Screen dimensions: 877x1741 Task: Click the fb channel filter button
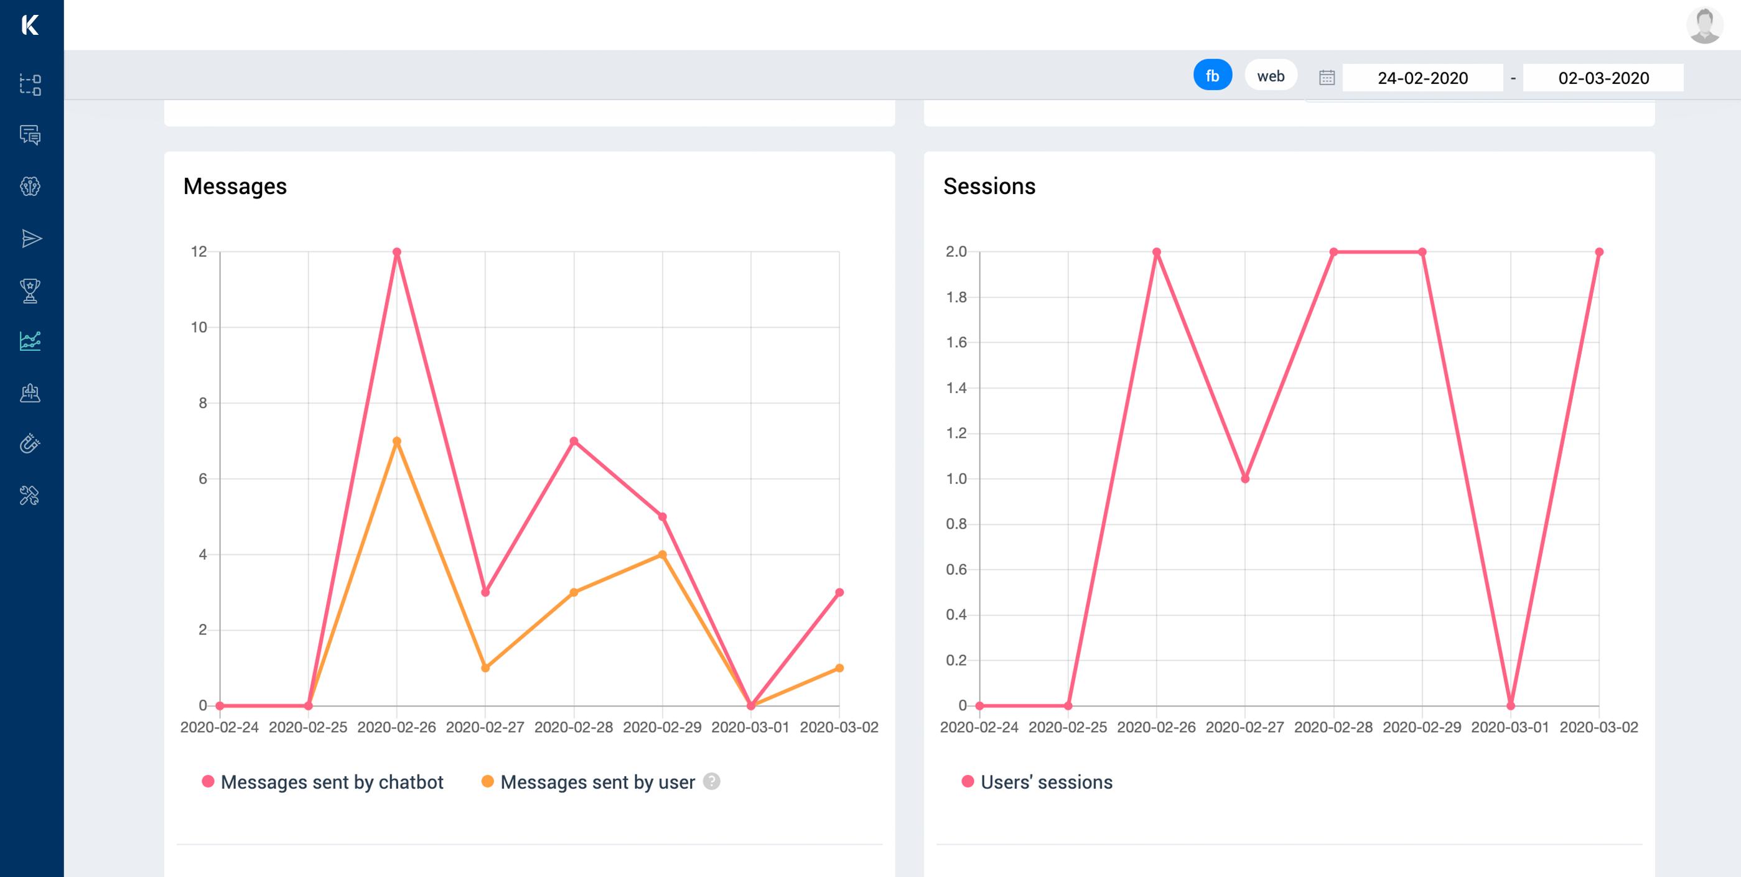[1212, 75]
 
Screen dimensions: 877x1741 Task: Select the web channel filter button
[1270, 76]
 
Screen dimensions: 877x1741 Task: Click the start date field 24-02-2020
[1422, 78]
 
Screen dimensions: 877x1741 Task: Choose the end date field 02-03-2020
[1602, 78]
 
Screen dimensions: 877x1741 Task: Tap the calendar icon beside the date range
[1326, 78]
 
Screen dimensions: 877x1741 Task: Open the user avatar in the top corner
[1704, 26]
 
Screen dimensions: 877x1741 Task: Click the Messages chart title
[235, 186]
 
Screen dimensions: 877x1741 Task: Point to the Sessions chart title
[989, 186]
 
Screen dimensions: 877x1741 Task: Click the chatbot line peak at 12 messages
[397, 252]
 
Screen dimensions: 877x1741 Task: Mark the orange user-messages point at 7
[397, 441]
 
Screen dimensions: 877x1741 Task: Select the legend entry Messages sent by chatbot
[322, 782]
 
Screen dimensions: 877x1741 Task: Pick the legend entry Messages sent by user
[588, 782]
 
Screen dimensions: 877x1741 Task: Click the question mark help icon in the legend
[711, 781]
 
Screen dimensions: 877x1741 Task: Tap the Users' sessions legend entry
[1037, 782]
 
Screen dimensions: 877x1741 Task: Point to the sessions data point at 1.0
[1245, 479]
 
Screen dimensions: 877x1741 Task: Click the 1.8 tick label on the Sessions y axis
[956, 297]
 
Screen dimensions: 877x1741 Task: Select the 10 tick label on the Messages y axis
[198, 328]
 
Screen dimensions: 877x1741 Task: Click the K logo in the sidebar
[30, 25]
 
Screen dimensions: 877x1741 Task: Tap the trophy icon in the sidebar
[30, 290]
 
